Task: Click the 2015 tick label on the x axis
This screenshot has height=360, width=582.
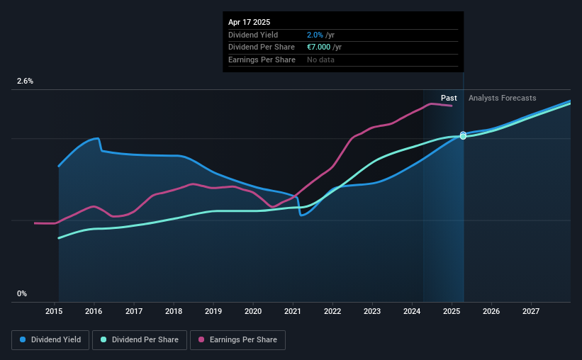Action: coord(55,311)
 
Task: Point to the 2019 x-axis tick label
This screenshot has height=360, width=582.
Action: coord(213,311)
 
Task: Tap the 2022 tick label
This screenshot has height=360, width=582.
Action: coord(332,311)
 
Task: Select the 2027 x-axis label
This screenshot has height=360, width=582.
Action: coord(531,311)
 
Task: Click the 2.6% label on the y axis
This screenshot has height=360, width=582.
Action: coord(25,81)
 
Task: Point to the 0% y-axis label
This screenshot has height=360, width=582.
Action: coord(22,293)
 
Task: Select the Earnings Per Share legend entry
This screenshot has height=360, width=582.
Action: coord(237,340)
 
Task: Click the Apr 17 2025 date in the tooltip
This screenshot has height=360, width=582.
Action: coord(250,22)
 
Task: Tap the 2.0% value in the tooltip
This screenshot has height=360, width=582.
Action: coord(314,35)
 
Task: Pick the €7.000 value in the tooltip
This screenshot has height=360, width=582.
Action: coord(320,47)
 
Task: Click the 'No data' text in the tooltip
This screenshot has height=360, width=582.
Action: coord(320,60)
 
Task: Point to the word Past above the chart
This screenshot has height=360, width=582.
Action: coord(449,98)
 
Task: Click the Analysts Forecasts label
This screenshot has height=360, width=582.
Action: coord(502,98)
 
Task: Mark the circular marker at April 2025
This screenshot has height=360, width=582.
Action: coord(463,135)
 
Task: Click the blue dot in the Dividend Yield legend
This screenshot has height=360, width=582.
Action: coord(23,340)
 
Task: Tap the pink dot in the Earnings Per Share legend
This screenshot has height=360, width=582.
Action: coord(201,340)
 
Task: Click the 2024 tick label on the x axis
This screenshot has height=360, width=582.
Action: coord(412,311)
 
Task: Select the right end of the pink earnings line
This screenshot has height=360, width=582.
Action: coord(452,106)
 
